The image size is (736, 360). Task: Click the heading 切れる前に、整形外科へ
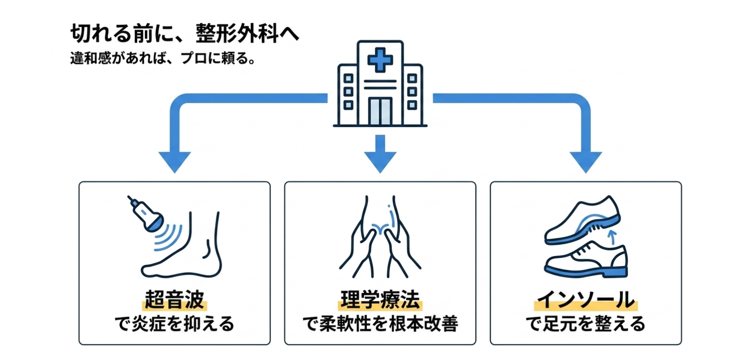185,35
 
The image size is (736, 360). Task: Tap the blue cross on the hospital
380,60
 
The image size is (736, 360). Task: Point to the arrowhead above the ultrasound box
174,161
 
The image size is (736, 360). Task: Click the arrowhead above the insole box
585,161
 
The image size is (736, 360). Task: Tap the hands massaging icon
380,236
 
